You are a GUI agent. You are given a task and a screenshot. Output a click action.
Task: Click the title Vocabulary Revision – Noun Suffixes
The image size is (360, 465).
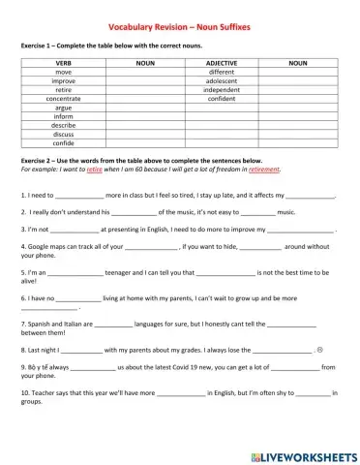179,28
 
